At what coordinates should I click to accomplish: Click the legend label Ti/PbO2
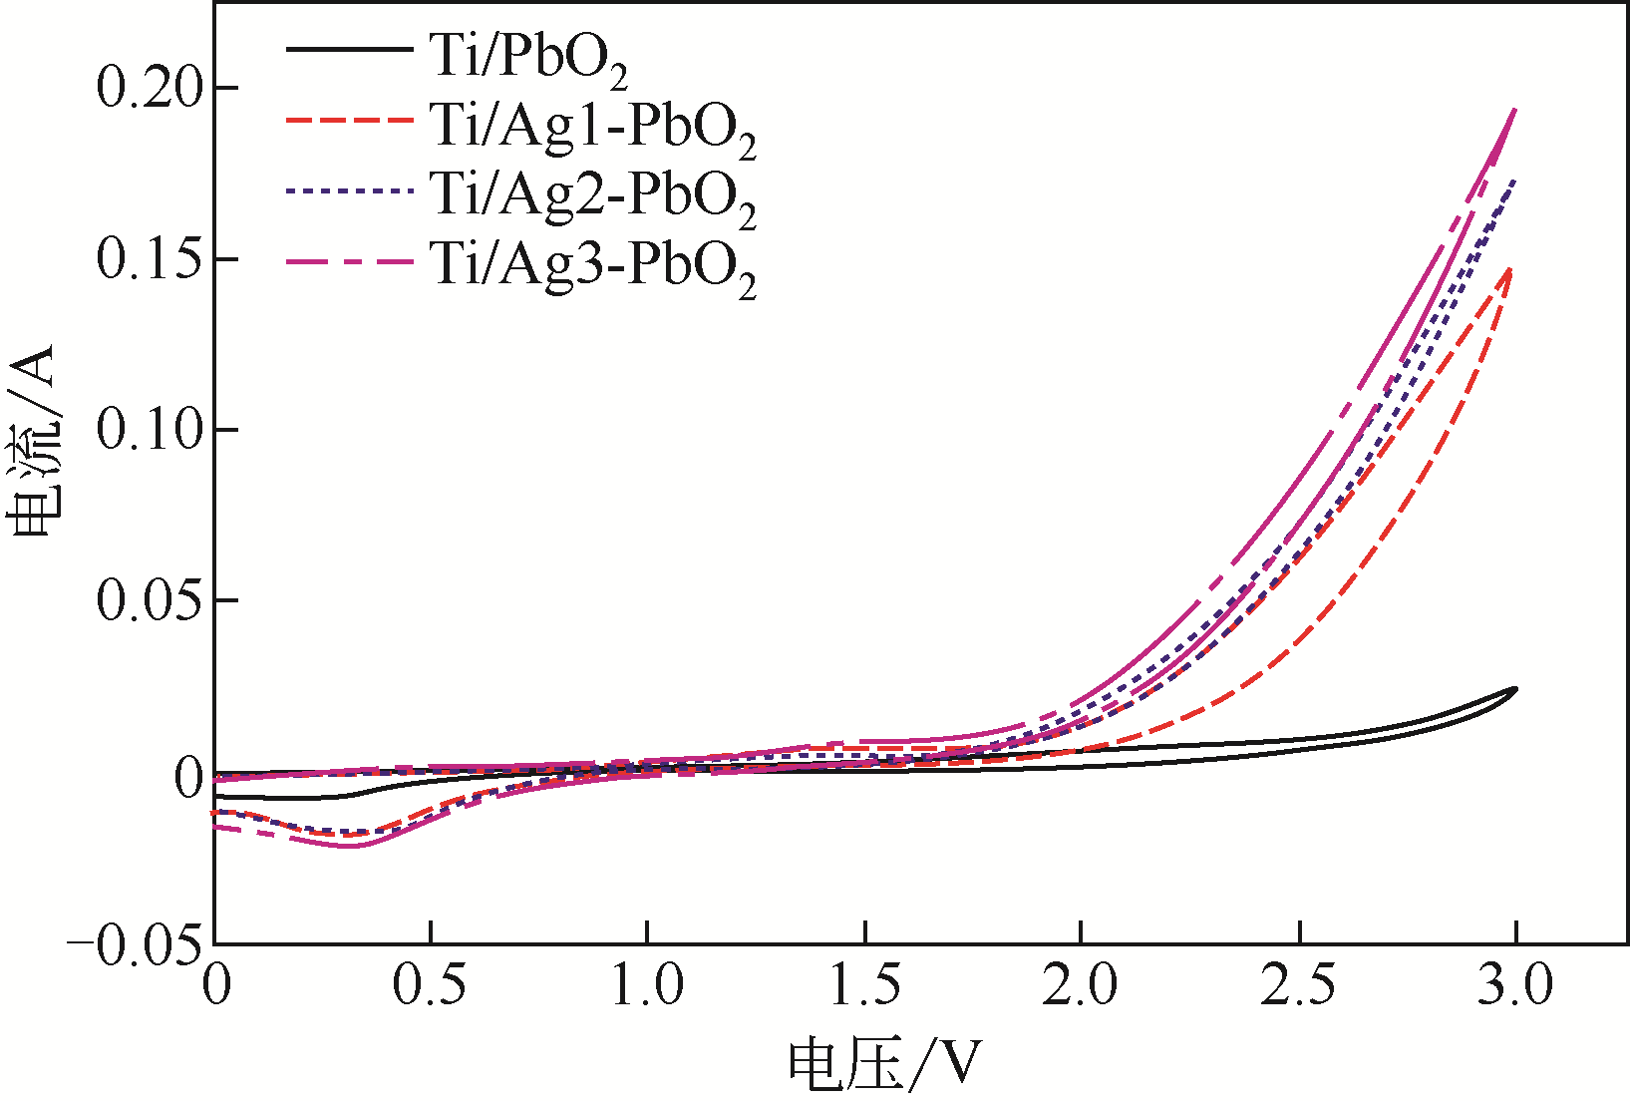coord(529,57)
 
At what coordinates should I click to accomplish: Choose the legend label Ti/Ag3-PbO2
coord(592,265)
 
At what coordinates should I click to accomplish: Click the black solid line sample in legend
coord(348,49)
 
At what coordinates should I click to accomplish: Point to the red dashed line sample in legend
coord(348,120)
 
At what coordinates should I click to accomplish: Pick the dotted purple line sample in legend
coord(348,189)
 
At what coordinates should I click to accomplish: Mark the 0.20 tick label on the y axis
coord(154,88)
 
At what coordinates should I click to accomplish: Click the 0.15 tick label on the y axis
coord(154,259)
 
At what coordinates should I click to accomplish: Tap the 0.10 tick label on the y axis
coord(154,430)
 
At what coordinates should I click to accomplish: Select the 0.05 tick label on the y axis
coord(154,601)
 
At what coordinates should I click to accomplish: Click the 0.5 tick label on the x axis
coord(430,986)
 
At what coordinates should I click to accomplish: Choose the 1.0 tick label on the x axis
coord(647,986)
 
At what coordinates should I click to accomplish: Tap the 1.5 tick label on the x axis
coord(865,986)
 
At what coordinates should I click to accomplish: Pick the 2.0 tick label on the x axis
coord(1081,986)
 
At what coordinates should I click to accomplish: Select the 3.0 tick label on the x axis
coord(1515,986)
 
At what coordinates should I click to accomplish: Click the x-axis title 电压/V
coord(885,1065)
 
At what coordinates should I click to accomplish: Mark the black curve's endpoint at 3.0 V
coord(1515,689)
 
